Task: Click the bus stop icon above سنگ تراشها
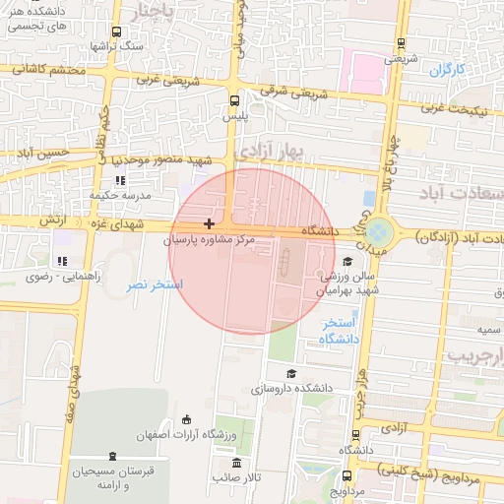point(118,32)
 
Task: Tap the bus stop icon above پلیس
point(234,100)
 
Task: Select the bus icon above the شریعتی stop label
point(401,43)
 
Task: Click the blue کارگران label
point(446,70)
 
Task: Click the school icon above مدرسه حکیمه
point(120,181)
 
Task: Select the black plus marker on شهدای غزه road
point(209,224)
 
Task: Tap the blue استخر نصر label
point(155,284)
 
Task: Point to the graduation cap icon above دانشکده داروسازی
point(291,374)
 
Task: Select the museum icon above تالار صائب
point(235,463)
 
